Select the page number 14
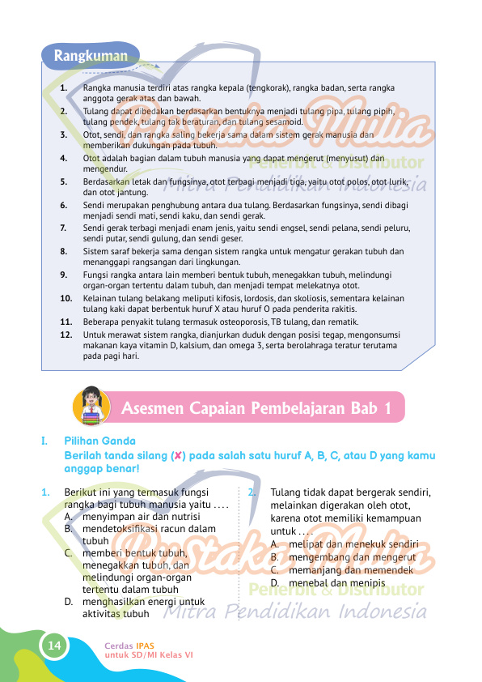click(54, 645)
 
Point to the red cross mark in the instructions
click(175, 455)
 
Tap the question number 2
click(253, 491)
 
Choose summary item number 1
click(64, 86)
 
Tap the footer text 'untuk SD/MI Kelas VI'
click(149, 654)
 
